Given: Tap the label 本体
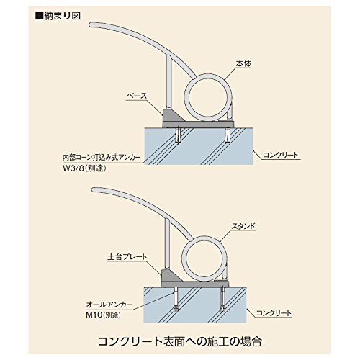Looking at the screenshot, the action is pos(243,63).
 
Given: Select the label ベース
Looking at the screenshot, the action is pos(137,96).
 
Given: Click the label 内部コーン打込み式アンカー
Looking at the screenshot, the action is pos(102,158).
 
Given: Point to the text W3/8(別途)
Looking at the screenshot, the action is pos(84,168).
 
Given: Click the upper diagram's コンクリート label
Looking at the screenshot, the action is pos(281,155).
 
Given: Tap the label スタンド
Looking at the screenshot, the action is pos(243,226).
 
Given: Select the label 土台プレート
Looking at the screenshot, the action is pos(127,257).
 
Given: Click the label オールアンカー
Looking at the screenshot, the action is pos(109,305).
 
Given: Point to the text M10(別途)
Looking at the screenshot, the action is pos(103,315).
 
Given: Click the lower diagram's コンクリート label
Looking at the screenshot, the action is pos(274,313).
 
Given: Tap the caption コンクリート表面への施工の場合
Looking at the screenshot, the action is pos(180,341).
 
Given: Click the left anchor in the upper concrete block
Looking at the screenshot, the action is pos(178,135).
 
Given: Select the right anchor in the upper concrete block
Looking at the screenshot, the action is pos(228,135).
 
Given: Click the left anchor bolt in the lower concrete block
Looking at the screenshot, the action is pos(176,299).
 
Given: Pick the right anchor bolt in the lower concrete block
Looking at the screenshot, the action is pos(223,299).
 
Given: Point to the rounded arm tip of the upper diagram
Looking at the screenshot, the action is pos(91,24).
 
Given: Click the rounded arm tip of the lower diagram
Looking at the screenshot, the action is pos(94,190).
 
